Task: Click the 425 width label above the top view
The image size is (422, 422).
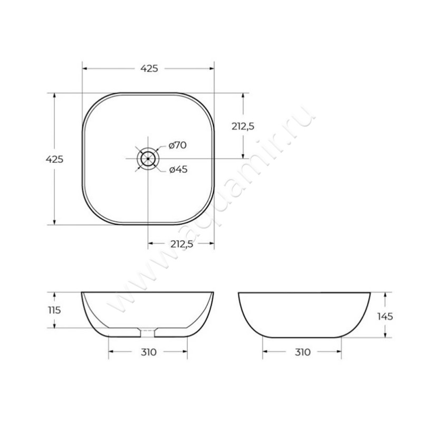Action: (149, 69)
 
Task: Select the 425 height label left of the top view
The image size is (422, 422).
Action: (55, 159)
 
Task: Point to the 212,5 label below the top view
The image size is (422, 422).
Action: (181, 244)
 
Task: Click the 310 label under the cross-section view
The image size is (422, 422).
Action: (148, 352)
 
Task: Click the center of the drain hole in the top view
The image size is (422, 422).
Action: (148, 158)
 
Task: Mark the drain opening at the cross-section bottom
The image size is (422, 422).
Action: (148, 332)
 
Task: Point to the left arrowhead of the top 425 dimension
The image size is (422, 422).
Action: (84, 69)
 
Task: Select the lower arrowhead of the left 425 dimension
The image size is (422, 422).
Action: (55, 222)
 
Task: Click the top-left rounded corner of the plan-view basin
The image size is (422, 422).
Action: (93, 103)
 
